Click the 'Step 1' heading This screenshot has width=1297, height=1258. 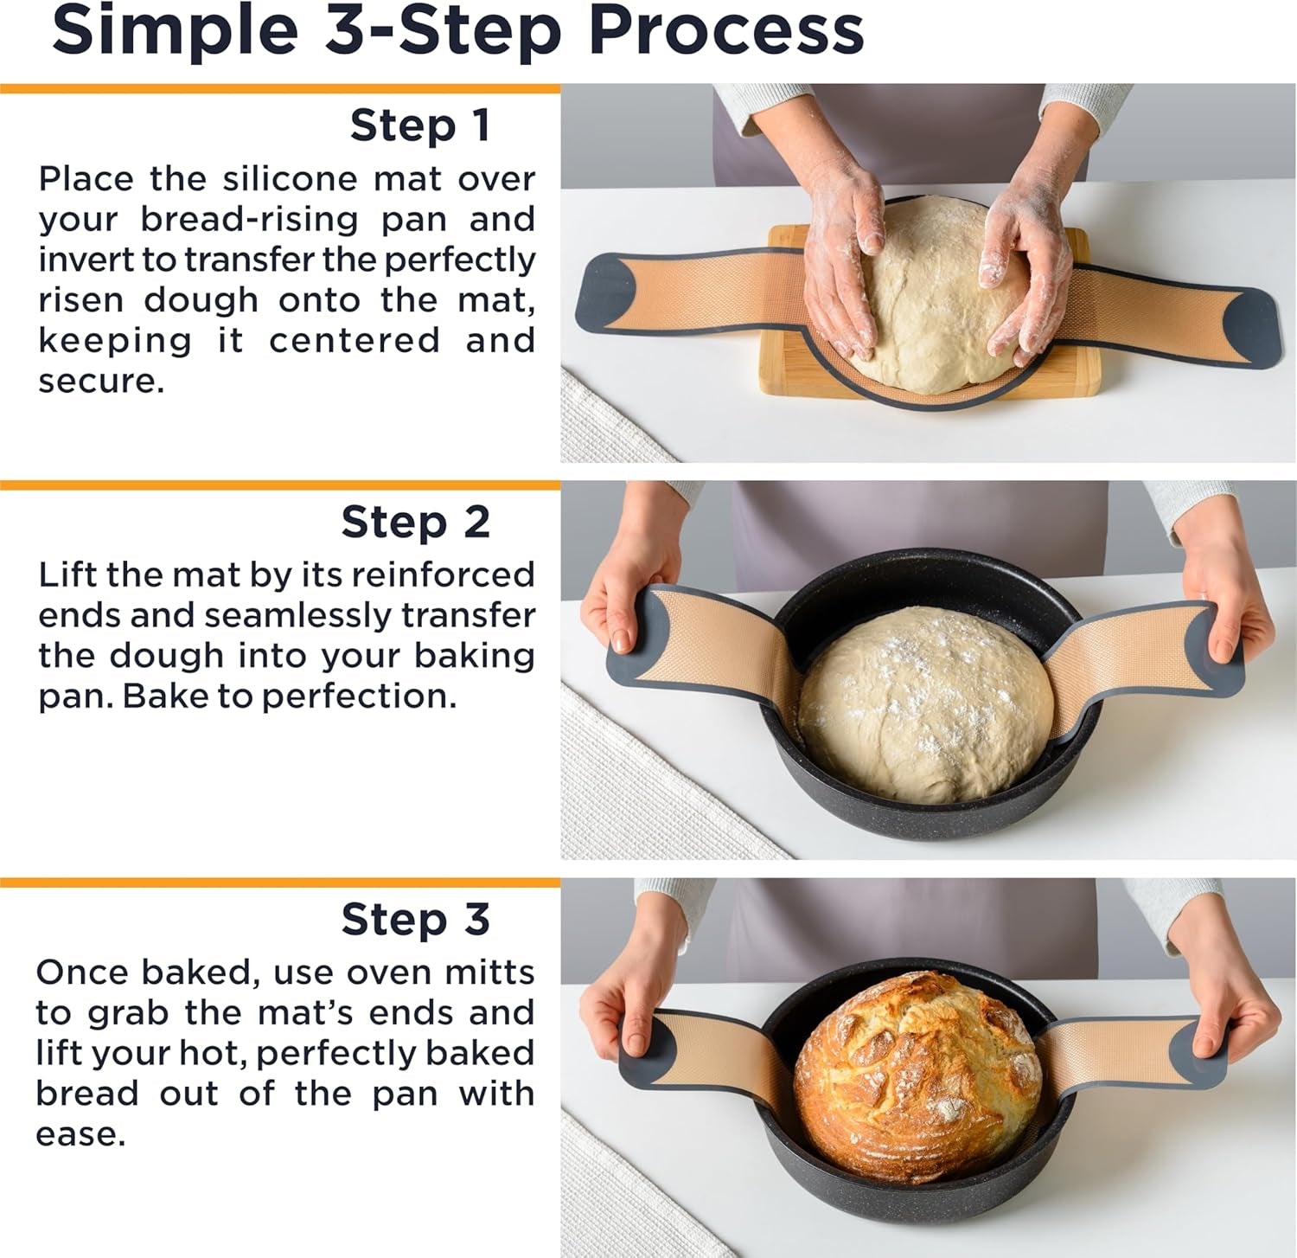pyautogui.click(x=420, y=126)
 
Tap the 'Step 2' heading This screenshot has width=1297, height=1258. pyautogui.click(x=415, y=523)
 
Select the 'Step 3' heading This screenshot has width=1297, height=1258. pyautogui.click(x=415, y=919)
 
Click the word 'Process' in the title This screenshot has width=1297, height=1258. pyautogui.click(x=725, y=31)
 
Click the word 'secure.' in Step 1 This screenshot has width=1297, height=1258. pyautogui.click(x=101, y=381)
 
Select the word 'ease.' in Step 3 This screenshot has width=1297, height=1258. pyautogui.click(x=80, y=1134)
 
